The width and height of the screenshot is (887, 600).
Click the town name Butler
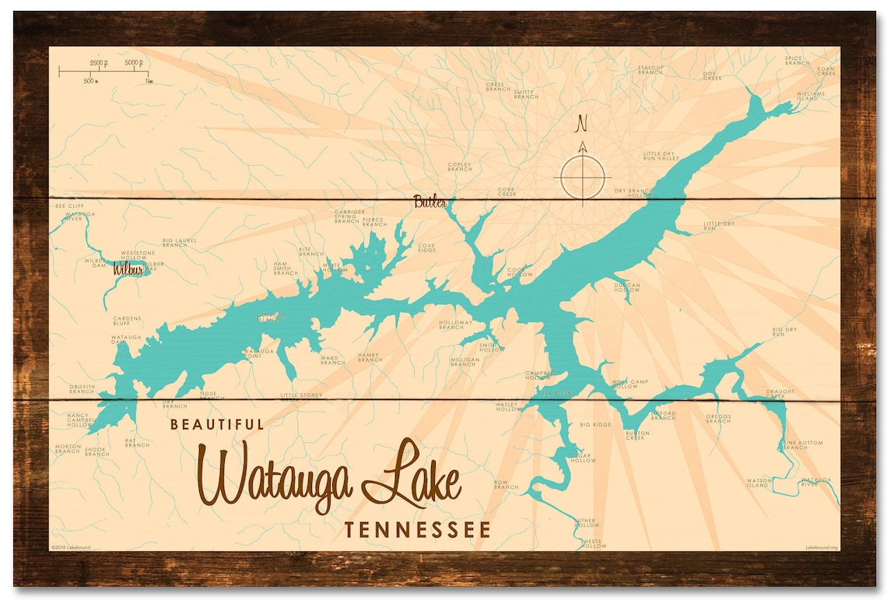tap(430, 201)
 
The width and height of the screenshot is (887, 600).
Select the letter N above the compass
tap(581, 123)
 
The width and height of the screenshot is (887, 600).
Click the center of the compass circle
tap(582, 177)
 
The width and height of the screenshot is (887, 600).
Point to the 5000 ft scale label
tap(135, 62)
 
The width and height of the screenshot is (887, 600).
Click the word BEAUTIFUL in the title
tap(217, 424)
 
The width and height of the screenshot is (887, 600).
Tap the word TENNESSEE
tap(418, 530)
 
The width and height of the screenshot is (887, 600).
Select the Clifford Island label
tap(272, 316)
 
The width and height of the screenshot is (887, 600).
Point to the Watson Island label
tap(759, 483)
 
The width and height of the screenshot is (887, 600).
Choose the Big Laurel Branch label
tap(180, 243)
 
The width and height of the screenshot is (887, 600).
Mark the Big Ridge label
tap(595, 425)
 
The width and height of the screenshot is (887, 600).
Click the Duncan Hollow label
tap(626, 287)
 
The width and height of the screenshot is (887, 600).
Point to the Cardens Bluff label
tap(127, 321)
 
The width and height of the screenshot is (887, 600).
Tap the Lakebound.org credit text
tap(822, 547)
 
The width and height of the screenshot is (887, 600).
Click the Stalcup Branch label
tap(650, 69)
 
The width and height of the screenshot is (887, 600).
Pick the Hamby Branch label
tap(370, 357)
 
